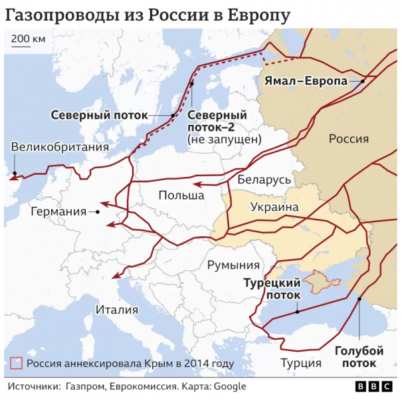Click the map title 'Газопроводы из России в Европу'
coord(148,15)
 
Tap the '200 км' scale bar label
coord(28,39)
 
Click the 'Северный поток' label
coord(99,114)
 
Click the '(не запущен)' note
coord(224,139)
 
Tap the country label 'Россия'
coord(348,138)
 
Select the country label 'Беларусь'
coord(264,180)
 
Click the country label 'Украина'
coord(274,207)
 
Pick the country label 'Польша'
coord(181,195)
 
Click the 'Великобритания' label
coord(60,148)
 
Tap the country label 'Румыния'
coord(233,265)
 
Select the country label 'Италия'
coord(116,309)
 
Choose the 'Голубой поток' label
coord(359,356)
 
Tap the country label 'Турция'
coord(300,363)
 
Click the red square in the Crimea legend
coord(17,363)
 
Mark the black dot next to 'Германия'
coord(98,211)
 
